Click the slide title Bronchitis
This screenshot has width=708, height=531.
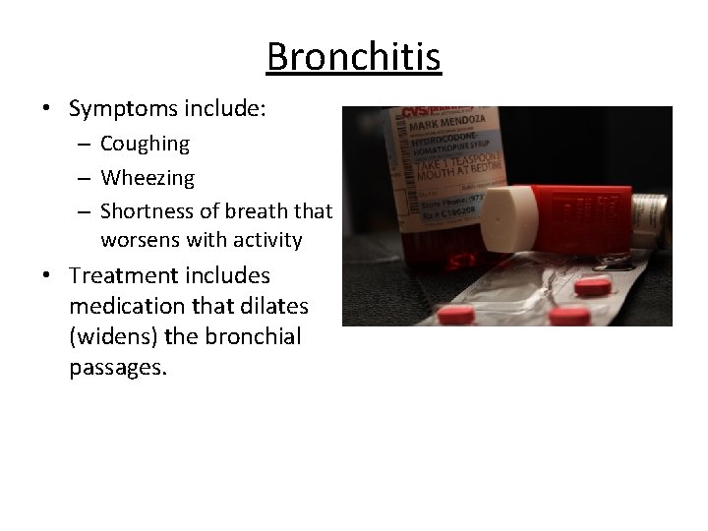(x=354, y=56)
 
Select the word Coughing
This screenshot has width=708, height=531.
(x=145, y=144)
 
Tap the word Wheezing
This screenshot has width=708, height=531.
(x=147, y=178)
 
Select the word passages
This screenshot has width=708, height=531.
(x=118, y=368)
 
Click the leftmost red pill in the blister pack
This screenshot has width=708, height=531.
(x=455, y=315)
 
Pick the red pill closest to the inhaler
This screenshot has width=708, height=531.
(x=592, y=286)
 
